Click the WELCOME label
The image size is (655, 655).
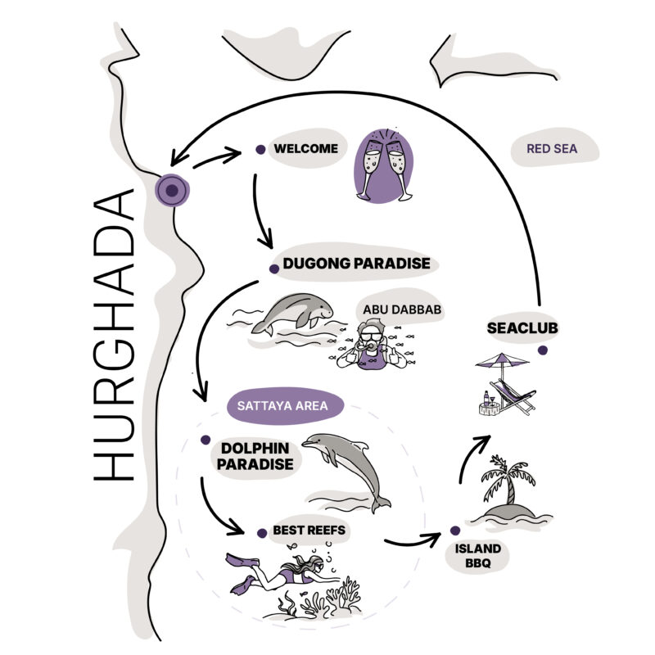tap(306, 149)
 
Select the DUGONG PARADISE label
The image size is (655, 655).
tap(356, 264)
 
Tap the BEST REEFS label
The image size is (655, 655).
tap(309, 531)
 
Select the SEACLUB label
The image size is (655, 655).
tap(517, 328)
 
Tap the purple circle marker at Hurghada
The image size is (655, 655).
tap(171, 191)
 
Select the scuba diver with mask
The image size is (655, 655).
tap(371, 348)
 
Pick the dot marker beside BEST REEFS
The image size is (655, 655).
tap(262, 533)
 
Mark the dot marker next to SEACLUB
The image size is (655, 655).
tap(542, 350)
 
